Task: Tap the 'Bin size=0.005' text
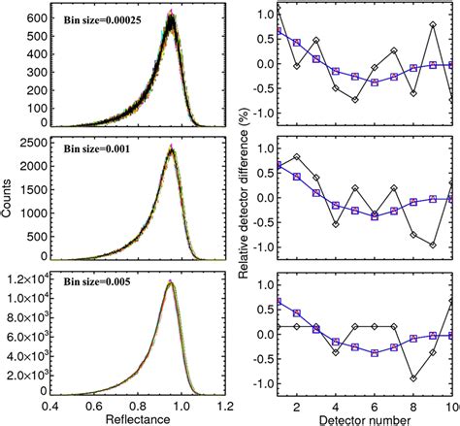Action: (84, 286)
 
